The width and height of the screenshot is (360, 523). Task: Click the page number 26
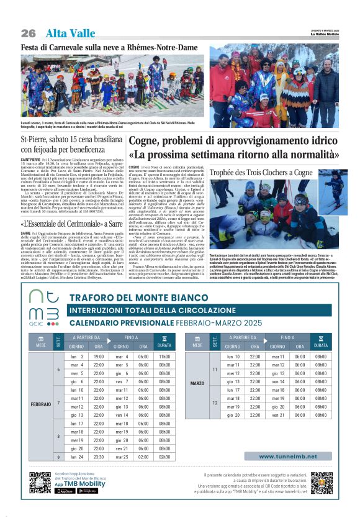coord(28,33)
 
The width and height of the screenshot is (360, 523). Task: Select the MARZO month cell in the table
coord(197,383)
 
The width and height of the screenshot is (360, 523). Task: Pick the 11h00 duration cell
coord(164,357)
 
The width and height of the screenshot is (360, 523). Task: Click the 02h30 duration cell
coord(164,457)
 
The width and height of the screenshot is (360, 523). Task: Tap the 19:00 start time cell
coord(99,357)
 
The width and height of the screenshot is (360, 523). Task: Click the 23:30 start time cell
coord(99,457)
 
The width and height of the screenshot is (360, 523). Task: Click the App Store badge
coord(65,491)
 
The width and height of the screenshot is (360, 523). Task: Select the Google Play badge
coord(88,491)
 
